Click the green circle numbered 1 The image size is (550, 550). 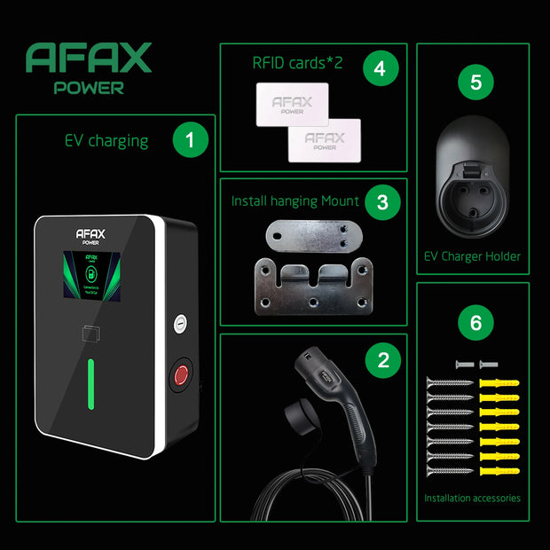[x=190, y=140]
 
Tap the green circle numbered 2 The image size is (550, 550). [x=383, y=359]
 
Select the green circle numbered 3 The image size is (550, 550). [x=382, y=201]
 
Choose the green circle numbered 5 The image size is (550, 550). [x=475, y=82]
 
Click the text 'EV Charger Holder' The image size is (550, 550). [x=471, y=256]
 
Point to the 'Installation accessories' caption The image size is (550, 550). [x=472, y=498]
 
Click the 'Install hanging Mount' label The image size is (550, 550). [x=295, y=201]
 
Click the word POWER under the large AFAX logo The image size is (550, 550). [x=88, y=88]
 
